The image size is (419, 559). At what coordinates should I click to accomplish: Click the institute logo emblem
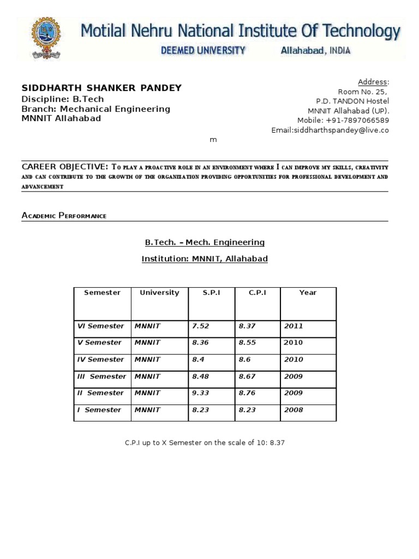[49, 39]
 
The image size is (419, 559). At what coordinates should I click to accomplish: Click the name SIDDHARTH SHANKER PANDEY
[101, 88]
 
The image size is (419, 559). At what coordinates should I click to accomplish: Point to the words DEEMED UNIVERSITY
[202, 51]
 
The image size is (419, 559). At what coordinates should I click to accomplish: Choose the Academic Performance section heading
[64, 216]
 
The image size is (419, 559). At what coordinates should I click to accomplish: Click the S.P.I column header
[211, 293]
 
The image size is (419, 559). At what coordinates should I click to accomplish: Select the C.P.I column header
[257, 293]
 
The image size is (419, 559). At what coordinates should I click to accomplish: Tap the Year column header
[308, 293]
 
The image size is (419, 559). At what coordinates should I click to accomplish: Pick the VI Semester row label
[101, 326]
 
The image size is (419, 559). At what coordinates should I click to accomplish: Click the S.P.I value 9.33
[200, 393]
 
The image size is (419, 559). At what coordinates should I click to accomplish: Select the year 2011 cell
[294, 326]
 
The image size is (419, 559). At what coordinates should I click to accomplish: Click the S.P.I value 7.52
[200, 326]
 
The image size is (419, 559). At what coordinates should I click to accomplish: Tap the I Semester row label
[100, 410]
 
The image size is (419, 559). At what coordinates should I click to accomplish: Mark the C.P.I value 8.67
[248, 377]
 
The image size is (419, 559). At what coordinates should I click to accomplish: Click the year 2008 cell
[294, 410]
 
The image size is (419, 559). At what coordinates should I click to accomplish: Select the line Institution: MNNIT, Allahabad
[205, 259]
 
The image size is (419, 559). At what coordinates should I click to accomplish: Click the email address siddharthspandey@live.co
[330, 130]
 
